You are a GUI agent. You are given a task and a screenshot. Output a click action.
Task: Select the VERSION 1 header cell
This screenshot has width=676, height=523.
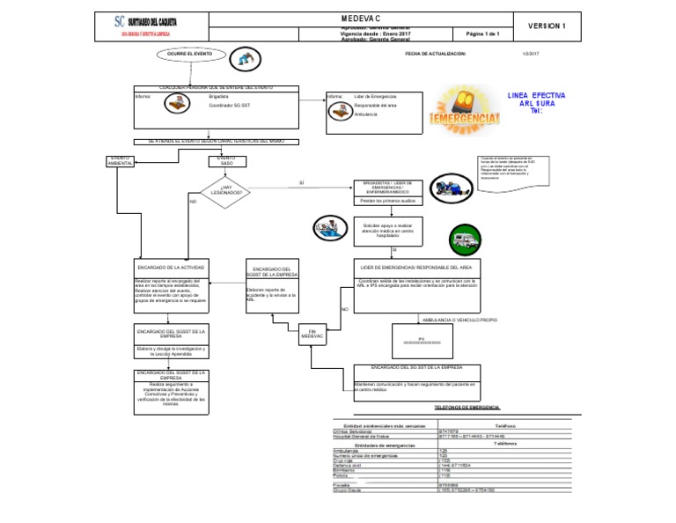click(547, 26)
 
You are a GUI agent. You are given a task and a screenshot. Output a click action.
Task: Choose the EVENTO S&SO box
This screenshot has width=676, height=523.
click(227, 161)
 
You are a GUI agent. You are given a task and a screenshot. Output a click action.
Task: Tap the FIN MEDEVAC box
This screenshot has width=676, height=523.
click(312, 334)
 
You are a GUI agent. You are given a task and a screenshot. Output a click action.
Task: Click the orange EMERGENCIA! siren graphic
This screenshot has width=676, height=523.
click(464, 107)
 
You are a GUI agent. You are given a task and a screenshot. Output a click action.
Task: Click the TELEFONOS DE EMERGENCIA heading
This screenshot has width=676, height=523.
click(467, 408)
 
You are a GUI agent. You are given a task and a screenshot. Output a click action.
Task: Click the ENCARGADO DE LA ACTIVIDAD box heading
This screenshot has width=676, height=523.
click(171, 266)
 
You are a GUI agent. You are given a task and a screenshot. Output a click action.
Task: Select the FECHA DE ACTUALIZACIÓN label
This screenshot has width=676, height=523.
click(435, 54)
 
